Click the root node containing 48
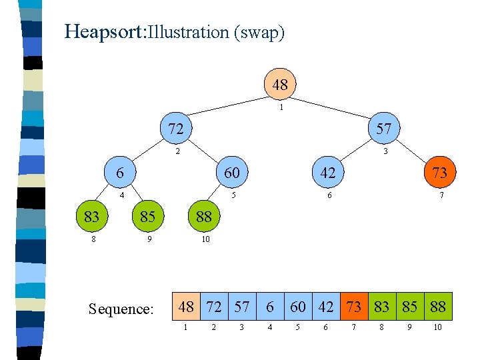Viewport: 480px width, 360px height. click(x=280, y=85)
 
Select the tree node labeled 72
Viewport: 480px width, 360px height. click(x=175, y=128)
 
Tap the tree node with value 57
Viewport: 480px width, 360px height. click(x=383, y=128)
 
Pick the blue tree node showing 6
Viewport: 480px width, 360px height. click(x=120, y=172)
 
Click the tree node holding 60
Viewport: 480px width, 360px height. click(x=231, y=172)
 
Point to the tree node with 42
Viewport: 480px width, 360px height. click(x=327, y=172)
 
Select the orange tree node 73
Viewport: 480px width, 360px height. click(x=439, y=172)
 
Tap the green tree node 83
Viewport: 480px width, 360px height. click(x=92, y=216)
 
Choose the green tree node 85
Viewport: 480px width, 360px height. click(x=147, y=216)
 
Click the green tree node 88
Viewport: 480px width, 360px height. click(x=203, y=216)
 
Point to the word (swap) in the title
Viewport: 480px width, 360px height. click(x=259, y=32)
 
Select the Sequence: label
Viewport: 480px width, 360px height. click(x=121, y=309)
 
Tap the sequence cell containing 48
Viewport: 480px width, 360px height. click(x=186, y=307)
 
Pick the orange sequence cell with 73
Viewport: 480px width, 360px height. click(x=354, y=307)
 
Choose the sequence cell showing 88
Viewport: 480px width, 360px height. click(x=438, y=307)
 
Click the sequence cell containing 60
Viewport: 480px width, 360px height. click(x=298, y=307)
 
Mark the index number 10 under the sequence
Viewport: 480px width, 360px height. click(x=437, y=327)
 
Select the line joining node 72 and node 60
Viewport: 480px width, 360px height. click(x=203, y=150)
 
